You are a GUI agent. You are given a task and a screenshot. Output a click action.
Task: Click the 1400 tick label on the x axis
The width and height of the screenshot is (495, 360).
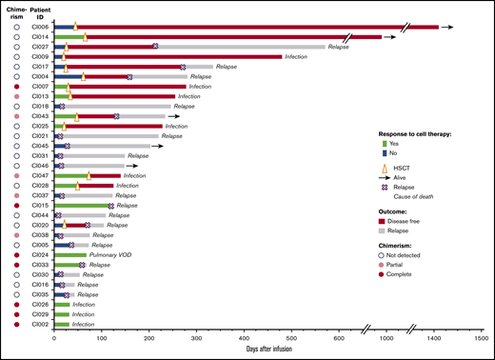pyautogui.click(x=433, y=336)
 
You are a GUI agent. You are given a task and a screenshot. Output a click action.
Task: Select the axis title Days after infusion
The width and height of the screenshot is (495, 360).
pyautogui.click(x=272, y=350)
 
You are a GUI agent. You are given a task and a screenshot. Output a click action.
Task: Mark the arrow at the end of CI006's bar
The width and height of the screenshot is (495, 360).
pyautogui.click(x=447, y=28)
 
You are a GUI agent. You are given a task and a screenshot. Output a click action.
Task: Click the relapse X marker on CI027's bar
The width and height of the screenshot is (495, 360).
pyautogui.click(x=155, y=47)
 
